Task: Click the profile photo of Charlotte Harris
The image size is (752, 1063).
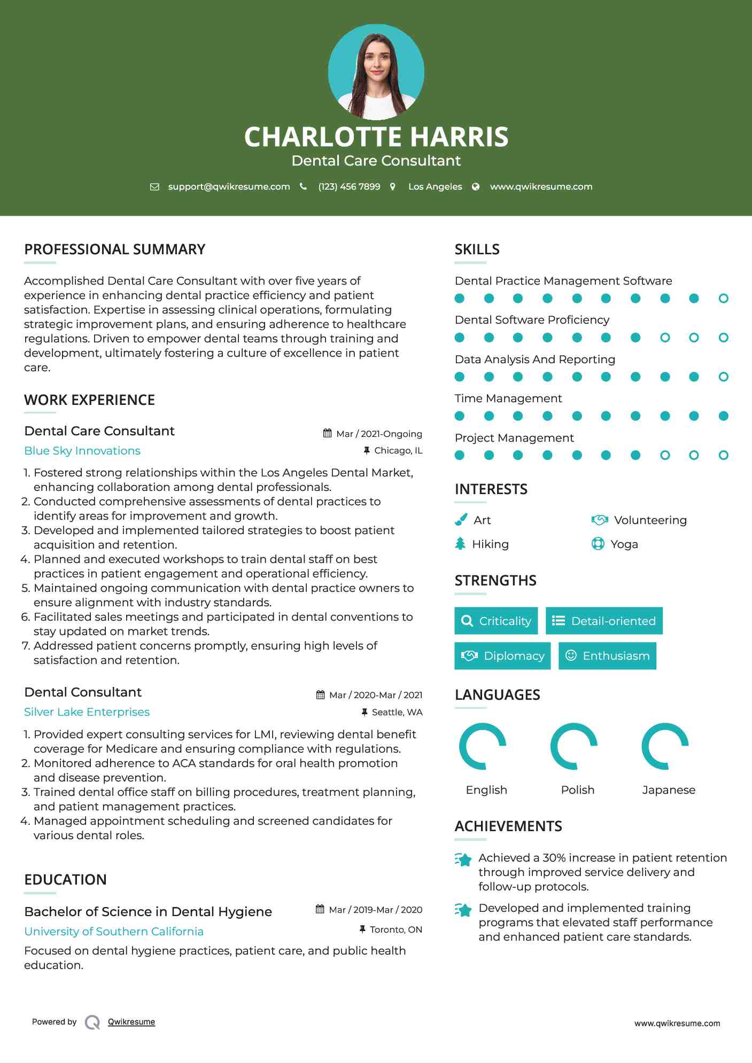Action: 376,72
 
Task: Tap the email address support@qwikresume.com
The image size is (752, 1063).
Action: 229,186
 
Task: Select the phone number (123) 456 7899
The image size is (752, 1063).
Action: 349,186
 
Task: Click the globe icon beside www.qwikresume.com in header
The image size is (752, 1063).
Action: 476,186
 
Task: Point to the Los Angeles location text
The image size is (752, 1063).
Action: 435,186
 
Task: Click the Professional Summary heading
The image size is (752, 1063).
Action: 114,249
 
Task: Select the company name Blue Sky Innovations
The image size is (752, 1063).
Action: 82,451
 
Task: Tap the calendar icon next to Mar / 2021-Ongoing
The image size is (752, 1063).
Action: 328,433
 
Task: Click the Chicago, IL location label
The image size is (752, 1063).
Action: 398,450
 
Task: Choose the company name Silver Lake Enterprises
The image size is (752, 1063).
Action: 87,712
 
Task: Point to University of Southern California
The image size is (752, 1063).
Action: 114,932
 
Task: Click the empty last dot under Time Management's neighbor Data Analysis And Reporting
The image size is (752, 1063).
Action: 723,377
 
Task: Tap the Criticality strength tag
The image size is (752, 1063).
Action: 496,621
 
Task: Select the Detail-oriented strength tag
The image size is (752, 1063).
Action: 604,621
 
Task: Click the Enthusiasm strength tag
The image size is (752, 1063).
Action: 607,655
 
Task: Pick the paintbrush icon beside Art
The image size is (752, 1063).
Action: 461,520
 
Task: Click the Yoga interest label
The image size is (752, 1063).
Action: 624,544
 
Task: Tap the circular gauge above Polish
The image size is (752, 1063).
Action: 574,746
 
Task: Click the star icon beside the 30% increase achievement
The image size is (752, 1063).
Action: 463,859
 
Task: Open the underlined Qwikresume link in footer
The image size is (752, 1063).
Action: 131,1022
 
